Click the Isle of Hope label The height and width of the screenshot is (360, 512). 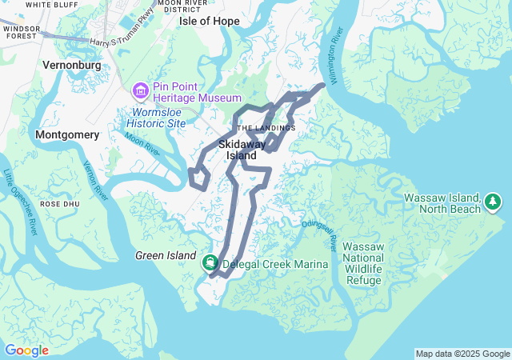tap(210, 21)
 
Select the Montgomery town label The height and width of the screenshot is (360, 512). tap(66, 136)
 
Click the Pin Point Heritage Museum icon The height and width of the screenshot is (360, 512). tap(142, 92)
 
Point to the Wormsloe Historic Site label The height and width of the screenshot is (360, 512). tap(158, 118)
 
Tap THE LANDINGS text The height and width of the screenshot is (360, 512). tap(266, 128)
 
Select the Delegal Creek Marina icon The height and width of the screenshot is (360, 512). tap(210, 262)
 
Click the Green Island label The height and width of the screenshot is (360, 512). tap(165, 256)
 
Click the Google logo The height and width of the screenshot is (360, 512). tap(26, 350)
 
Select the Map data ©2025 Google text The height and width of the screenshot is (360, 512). tap(462, 354)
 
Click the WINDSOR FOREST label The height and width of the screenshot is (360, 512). tap(21, 31)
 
